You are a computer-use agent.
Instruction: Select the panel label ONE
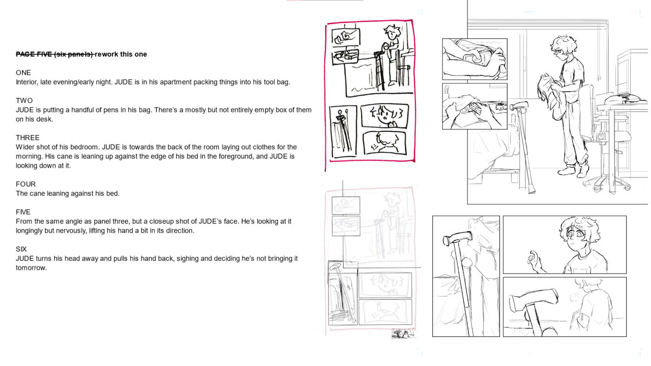23,73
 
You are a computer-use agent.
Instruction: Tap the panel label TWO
24,100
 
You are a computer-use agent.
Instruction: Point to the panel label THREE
27,138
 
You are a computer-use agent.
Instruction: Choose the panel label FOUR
26,184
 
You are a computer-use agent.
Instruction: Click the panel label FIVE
23,212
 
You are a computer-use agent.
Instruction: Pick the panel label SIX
21,249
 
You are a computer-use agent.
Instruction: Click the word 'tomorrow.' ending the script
31,268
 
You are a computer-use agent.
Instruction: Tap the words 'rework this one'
121,54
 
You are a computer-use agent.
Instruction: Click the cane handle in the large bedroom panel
519,105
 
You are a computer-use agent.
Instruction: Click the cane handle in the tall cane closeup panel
457,238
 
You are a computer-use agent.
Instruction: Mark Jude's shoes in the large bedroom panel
573,170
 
